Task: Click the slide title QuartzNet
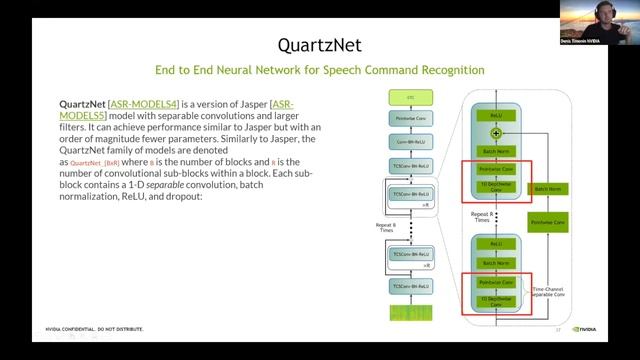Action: pyautogui.click(x=319, y=44)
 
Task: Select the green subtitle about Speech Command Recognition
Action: pyautogui.click(x=319, y=71)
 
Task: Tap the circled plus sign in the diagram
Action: pyautogui.click(x=497, y=132)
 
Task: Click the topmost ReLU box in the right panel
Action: pyautogui.click(x=497, y=115)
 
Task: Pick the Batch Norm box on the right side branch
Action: pyautogui.click(x=548, y=188)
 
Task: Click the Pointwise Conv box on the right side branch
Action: pyautogui.click(x=548, y=221)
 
